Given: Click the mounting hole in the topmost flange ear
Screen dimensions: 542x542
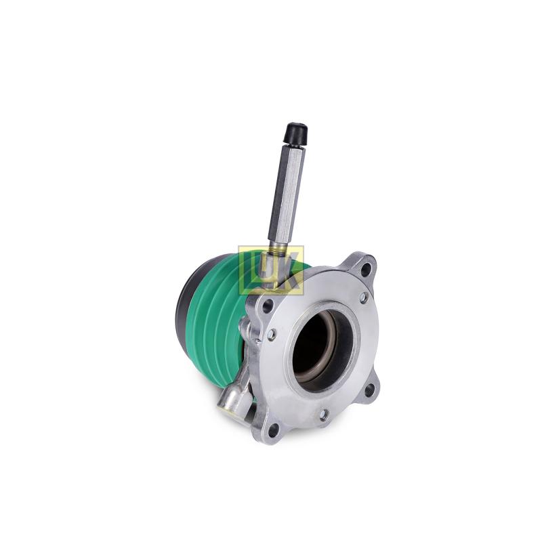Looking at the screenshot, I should click(x=366, y=268).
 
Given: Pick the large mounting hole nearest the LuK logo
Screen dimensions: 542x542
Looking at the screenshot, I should click(x=268, y=306).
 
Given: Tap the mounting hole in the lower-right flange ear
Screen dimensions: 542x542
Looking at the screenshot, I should click(x=369, y=390).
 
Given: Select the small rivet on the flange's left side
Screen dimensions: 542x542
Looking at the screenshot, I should click(x=271, y=333).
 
